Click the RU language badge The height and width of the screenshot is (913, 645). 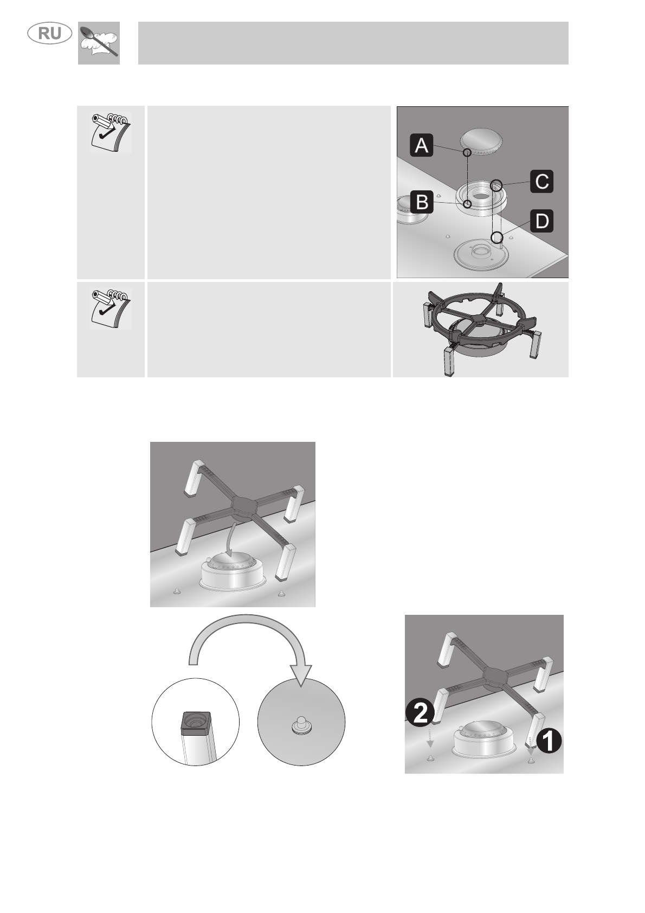(x=50, y=33)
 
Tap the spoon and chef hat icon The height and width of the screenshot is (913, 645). (x=99, y=43)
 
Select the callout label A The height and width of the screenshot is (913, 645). (x=421, y=145)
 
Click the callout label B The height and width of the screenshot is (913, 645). (x=422, y=202)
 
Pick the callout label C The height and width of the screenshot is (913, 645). (x=541, y=181)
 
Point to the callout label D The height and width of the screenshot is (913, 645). (x=541, y=221)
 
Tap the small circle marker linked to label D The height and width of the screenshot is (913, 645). (x=496, y=237)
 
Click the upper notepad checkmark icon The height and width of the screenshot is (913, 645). (x=111, y=132)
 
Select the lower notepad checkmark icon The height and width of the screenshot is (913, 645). (x=111, y=309)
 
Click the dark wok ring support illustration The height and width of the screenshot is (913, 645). (x=481, y=329)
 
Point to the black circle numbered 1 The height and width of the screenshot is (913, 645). (x=549, y=741)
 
